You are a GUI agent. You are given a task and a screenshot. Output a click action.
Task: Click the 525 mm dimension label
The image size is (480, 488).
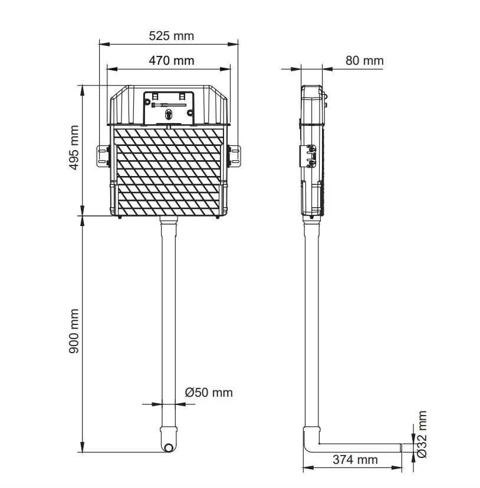[x=171, y=36]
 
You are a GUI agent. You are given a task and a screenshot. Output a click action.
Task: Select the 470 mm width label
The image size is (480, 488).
[x=171, y=61]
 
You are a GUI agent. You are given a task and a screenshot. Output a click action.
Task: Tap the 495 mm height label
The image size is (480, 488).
[x=74, y=148]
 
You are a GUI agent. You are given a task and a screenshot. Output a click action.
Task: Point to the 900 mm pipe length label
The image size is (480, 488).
[x=74, y=331]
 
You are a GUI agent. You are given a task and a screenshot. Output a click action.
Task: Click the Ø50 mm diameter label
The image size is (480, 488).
[x=209, y=393]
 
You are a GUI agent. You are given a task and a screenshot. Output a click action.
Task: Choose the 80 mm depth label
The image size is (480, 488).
[x=364, y=61]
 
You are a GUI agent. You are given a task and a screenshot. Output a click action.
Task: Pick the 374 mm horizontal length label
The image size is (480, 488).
[x=355, y=459]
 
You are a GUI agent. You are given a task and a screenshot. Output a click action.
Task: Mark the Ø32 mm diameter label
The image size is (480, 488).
[x=422, y=434]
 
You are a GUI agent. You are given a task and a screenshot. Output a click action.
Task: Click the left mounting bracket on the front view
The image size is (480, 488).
[x=103, y=156]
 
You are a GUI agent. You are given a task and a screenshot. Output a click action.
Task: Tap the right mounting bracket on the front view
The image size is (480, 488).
[x=234, y=156]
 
